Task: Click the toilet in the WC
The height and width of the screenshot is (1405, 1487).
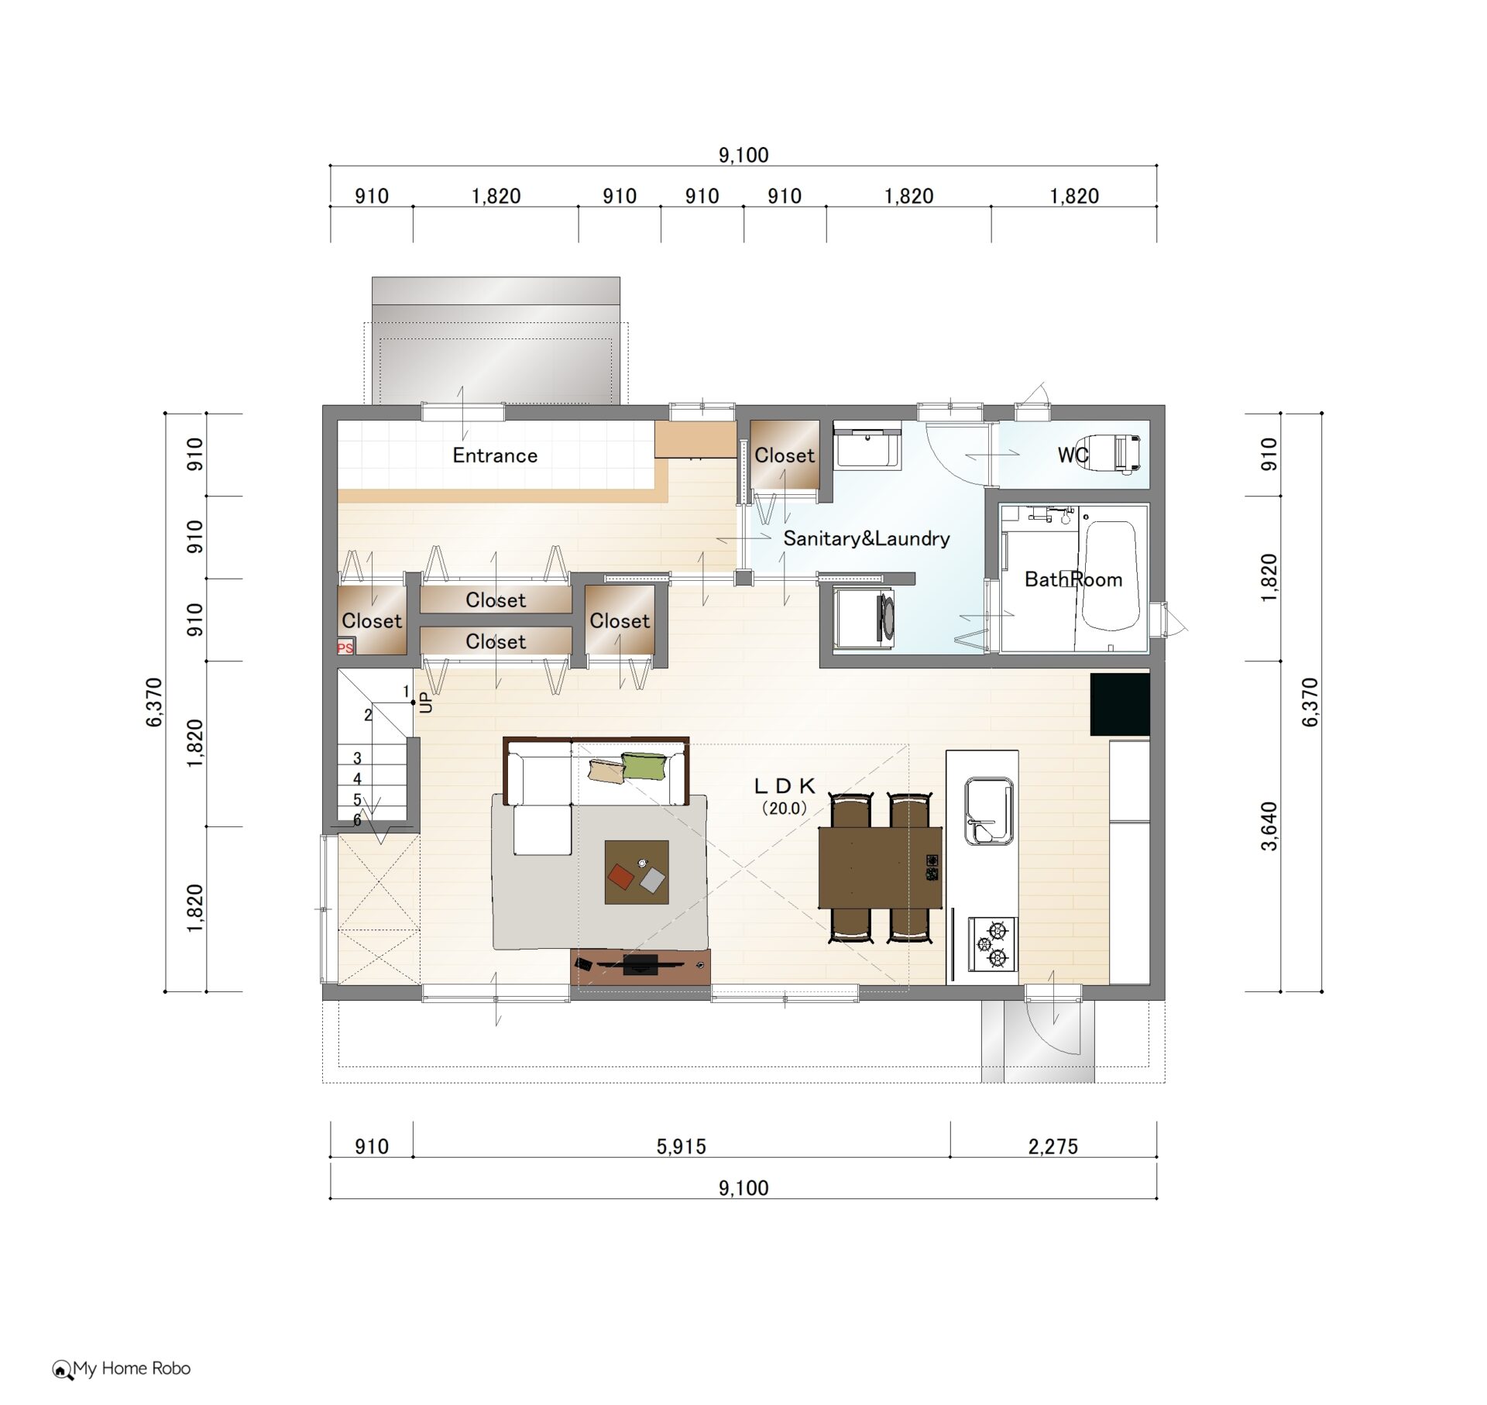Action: pos(1115,453)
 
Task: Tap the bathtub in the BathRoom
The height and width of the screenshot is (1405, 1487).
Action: pos(1110,577)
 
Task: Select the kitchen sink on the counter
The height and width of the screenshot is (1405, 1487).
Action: pos(989,811)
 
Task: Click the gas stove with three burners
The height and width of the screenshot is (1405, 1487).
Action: pos(991,943)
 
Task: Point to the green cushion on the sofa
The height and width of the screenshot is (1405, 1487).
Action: pos(644,765)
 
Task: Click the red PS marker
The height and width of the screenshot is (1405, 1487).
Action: pos(345,648)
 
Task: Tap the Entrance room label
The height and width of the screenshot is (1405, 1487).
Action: pos(495,455)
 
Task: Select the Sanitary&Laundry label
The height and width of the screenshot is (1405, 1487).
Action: pos(867,538)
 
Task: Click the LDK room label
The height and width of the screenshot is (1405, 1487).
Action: pos(785,786)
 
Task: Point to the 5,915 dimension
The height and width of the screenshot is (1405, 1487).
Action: pos(682,1146)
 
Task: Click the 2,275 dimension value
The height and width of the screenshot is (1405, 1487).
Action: pos(1053,1146)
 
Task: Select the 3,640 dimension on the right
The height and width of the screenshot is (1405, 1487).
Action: pos(1269,826)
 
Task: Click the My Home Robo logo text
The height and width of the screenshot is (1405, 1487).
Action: pos(132,1369)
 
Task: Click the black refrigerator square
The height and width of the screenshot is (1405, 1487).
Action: pos(1120,704)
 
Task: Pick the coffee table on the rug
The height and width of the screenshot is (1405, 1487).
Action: pos(637,872)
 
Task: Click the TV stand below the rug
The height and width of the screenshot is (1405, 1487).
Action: pos(640,967)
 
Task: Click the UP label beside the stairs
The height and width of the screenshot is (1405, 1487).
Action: pos(426,702)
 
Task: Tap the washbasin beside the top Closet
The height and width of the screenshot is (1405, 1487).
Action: pos(867,448)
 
